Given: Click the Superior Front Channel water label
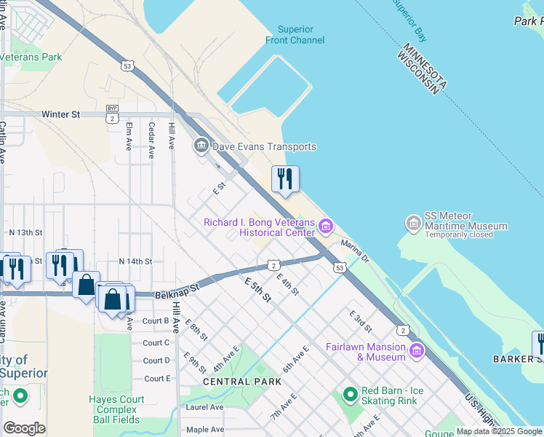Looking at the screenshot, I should coord(300,35).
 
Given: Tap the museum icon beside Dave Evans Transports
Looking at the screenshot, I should coord(201,146).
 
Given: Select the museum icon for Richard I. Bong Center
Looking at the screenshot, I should coord(325,227).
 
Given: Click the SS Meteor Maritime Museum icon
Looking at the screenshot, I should coord(414,221).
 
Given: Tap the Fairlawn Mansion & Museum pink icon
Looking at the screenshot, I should coord(416,352).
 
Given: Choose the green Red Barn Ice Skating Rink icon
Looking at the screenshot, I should coord(351,395).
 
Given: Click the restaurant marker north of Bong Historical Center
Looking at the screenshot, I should coord(285,179).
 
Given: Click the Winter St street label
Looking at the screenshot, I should coord(60,114).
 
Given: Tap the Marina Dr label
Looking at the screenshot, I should coord(355,252).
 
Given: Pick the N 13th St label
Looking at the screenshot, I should coord(26,232).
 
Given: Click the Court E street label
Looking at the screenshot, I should coord(156,379).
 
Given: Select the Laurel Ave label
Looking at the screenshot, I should coord(205,407).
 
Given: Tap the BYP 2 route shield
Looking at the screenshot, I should coord(112,114).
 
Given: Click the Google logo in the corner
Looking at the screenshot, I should coord(24,428).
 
